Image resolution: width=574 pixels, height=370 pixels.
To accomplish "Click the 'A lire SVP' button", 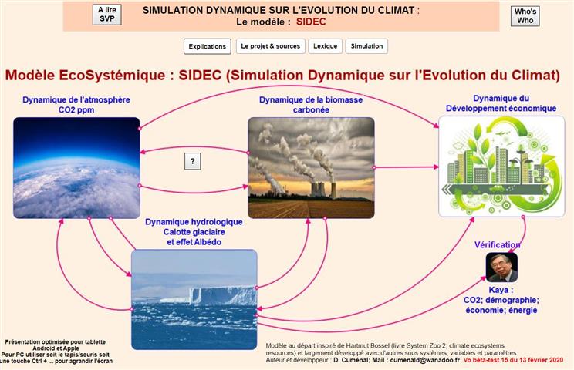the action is click(107, 15).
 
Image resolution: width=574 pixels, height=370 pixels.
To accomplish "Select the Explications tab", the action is click(208, 46).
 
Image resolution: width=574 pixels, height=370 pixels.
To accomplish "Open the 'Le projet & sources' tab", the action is click(271, 46).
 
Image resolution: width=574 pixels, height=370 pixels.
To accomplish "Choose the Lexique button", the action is click(325, 46).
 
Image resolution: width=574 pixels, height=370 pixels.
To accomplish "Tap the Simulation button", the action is click(366, 46).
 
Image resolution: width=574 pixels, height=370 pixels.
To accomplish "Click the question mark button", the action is click(193, 161).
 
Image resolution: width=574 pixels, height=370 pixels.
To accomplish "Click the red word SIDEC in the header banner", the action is click(311, 22).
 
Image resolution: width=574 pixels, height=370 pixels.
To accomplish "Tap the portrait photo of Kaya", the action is click(501, 267).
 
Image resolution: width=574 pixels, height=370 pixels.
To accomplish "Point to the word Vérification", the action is click(497, 245).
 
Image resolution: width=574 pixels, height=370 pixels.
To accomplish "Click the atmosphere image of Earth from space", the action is click(76, 168).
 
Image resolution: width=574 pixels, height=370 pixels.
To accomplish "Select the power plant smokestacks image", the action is click(311, 168).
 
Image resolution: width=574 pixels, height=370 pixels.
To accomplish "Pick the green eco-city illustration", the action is click(501, 166).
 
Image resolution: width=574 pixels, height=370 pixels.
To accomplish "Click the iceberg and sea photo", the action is click(194, 299).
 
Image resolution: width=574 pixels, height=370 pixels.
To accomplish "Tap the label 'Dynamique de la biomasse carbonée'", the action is click(311, 105).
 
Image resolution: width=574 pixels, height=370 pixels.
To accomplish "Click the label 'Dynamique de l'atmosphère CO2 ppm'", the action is click(76, 105).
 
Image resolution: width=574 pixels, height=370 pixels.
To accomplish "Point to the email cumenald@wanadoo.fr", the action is click(424, 360).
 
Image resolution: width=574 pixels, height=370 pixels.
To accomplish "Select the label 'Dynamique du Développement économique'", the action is click(501, 103).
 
